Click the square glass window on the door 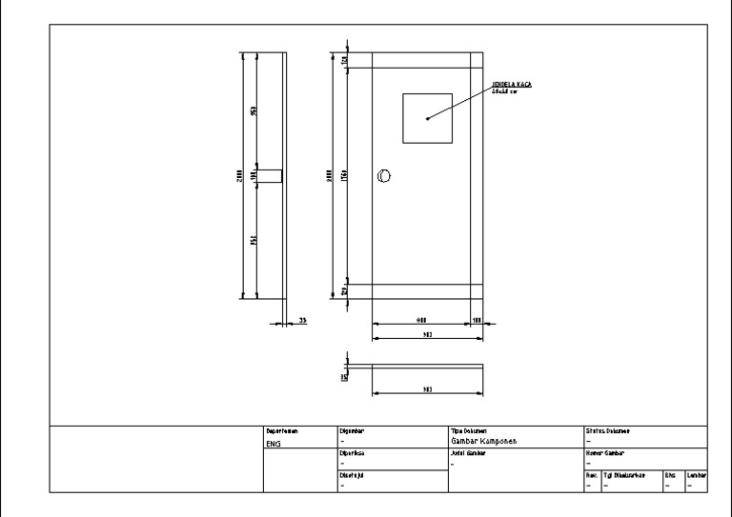click(x=427, y=118)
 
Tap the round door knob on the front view click(x=384, y=174)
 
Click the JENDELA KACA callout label click(x=518, y=85)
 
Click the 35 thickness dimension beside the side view click(x=303, y=320)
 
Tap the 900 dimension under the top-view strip click(x=427, y=389)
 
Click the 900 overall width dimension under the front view click(x=427, y=336)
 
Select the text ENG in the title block click(x=273, y=444)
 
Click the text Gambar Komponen click(x=482, y=442)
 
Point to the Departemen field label click(x=282, y=431)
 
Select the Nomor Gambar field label click(x=604, y=453)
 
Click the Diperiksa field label click(x=353, y=453)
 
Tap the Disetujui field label click(x=352, y=474)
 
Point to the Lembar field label click(x=696, y=474)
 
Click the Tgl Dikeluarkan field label click(x=625, y=474)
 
